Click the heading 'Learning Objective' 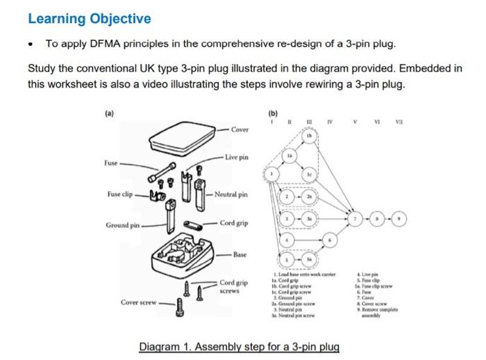[89, 19]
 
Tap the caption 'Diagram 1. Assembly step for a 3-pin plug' [239, 346]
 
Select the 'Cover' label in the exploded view [240, 129]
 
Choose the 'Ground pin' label [123, 225]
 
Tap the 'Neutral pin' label [231, 194]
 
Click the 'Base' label [240, 255]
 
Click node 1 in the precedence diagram [274, 172]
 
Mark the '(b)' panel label [271, 112]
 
